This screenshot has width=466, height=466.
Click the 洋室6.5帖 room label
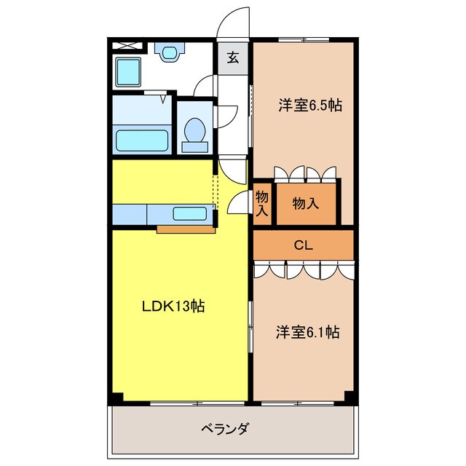pos(309,106)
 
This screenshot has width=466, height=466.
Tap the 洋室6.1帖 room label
pos(307,332)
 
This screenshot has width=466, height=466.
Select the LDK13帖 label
pos(173,307)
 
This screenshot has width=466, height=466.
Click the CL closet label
pos(303,245)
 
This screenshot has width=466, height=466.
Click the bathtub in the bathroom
pos(142,139)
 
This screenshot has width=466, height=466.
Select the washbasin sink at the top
pos(169,52)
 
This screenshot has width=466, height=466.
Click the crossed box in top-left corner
pos(127,46)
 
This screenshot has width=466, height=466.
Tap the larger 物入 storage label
pos(306,204)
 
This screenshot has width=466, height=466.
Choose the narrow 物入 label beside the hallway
pos(262,203)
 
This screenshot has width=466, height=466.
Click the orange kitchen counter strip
pos(185,231)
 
